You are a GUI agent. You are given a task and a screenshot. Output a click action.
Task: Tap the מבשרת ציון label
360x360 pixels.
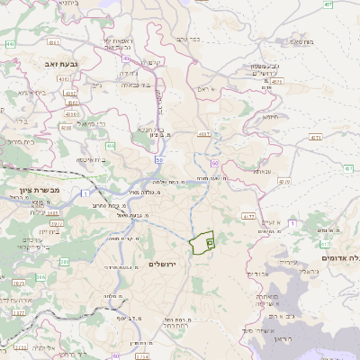point(37,191)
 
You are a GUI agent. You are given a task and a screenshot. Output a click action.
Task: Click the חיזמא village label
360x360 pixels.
point(269,116)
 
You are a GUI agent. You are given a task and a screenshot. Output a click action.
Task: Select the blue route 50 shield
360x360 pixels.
point(159,159)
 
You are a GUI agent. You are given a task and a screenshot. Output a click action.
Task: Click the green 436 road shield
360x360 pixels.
point(110,144)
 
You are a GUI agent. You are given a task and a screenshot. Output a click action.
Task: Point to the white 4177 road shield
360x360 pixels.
point(204,133)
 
